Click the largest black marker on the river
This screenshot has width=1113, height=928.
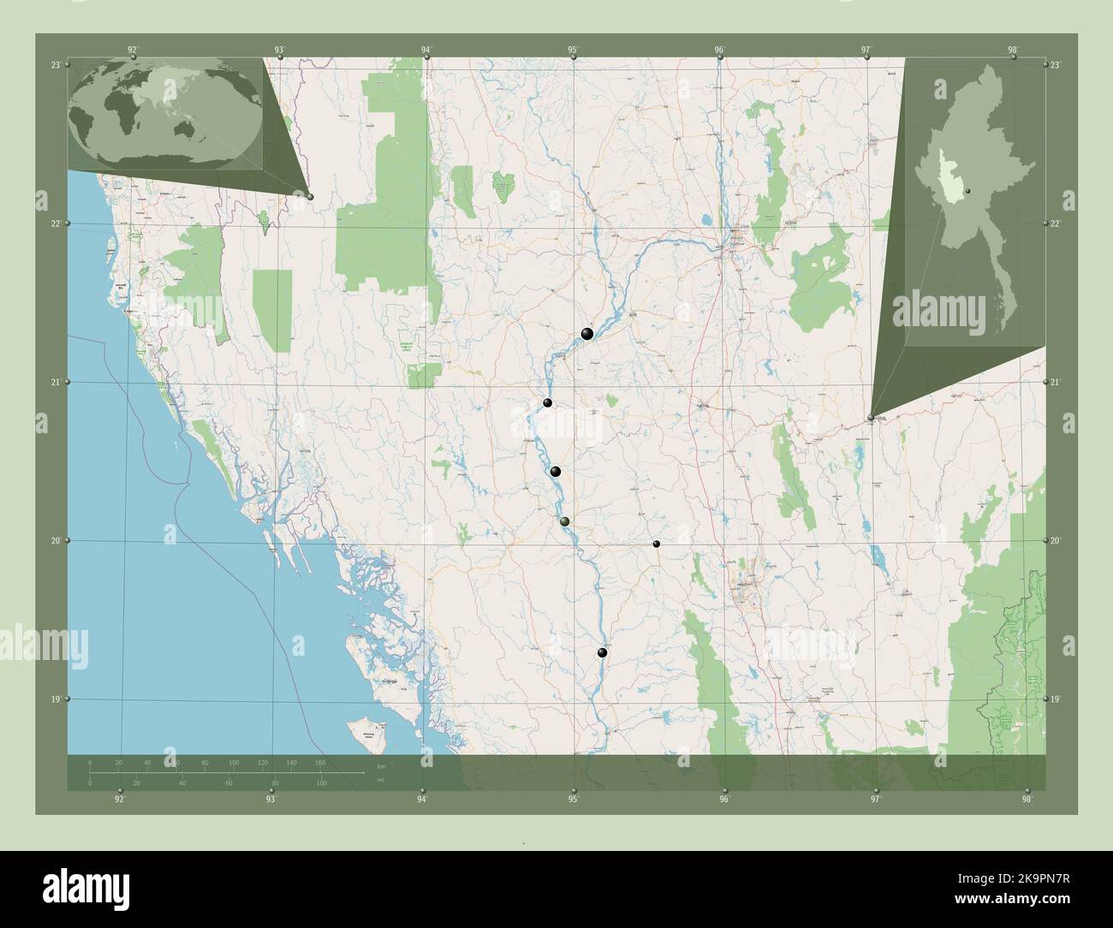coord(586,334)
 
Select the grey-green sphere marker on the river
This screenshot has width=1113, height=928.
coord(563,521)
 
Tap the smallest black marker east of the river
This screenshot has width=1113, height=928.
coord(657,544)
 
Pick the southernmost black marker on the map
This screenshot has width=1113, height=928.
coord(602,653)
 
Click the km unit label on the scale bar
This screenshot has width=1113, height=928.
coord(381,765)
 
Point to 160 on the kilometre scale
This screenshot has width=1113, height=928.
coord(320,762)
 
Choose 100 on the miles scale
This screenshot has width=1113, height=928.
coord(321,783)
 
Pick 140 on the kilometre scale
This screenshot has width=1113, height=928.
coord(291,762)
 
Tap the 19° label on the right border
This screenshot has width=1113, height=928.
coord(1055,699)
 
